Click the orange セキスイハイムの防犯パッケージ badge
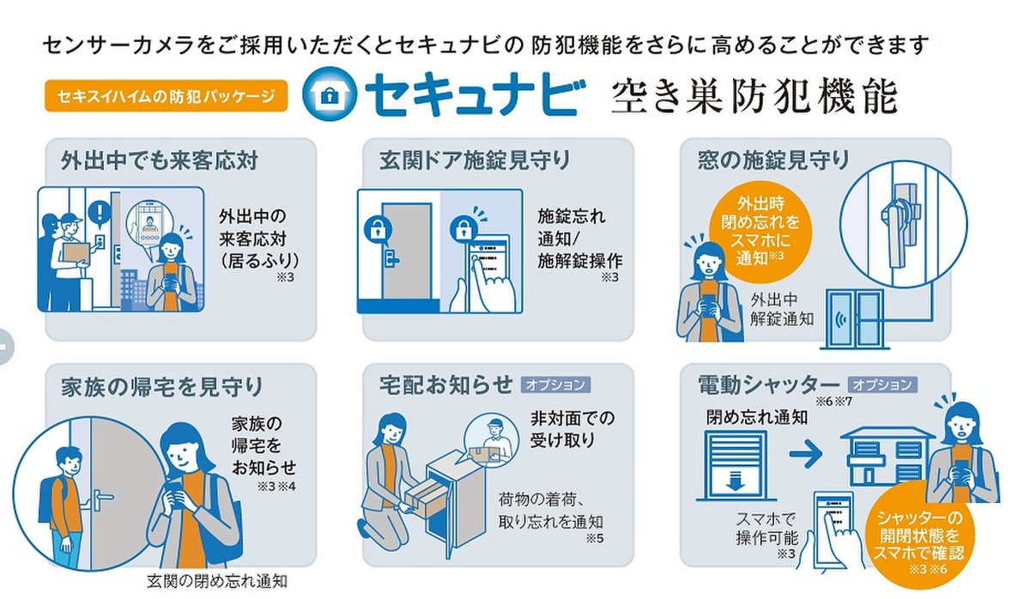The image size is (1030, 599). (166, 95)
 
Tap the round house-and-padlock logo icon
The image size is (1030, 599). (330, 94)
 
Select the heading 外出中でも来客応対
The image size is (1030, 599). (159, 160)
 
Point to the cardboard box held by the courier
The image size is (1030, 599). (76, 253)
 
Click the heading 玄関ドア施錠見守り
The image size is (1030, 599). (474, 160)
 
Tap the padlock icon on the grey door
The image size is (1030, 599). (378, 229)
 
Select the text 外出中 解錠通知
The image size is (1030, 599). (781, 309)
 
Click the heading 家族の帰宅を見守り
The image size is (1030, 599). (161, 387)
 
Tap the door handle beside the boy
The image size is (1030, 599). (103, 499)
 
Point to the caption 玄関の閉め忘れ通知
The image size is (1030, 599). (216, 581)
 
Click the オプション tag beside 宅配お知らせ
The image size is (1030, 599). (555, 384)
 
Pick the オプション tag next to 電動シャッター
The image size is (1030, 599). (882, 384)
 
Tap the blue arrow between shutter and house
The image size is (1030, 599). (806, 454)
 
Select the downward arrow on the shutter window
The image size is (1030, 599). (735, 481)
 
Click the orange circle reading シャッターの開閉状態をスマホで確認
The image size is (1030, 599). (918, 535)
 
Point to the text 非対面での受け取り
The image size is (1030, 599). (572, 429)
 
